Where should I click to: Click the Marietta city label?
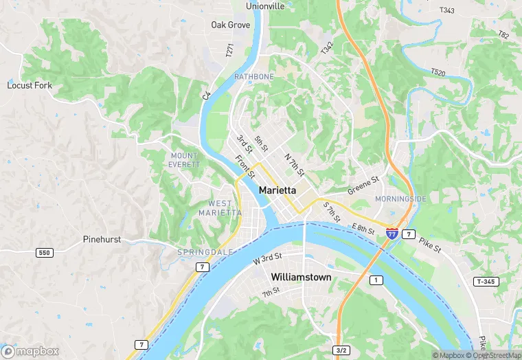coord(277,190)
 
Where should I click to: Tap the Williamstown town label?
coord(301,277)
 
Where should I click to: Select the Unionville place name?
coord(265,6)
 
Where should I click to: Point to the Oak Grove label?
coord(230,25)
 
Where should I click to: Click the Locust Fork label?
coord(30,85)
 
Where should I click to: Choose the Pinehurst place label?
coord(103,240)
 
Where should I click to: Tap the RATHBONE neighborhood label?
coord(254,76)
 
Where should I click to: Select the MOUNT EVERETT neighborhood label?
coord(184,160)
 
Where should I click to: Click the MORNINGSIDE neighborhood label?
coord(400,199)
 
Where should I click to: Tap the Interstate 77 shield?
coord(391,234)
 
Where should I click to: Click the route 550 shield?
coord(45,253)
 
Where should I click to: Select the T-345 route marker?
coord(486,282)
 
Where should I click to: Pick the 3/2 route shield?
coord(341,350)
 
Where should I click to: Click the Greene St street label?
coord(363,185)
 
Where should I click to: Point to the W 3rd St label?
coord(267,258)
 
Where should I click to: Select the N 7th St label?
coord(294,164)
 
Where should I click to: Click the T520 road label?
coord(438,71)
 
